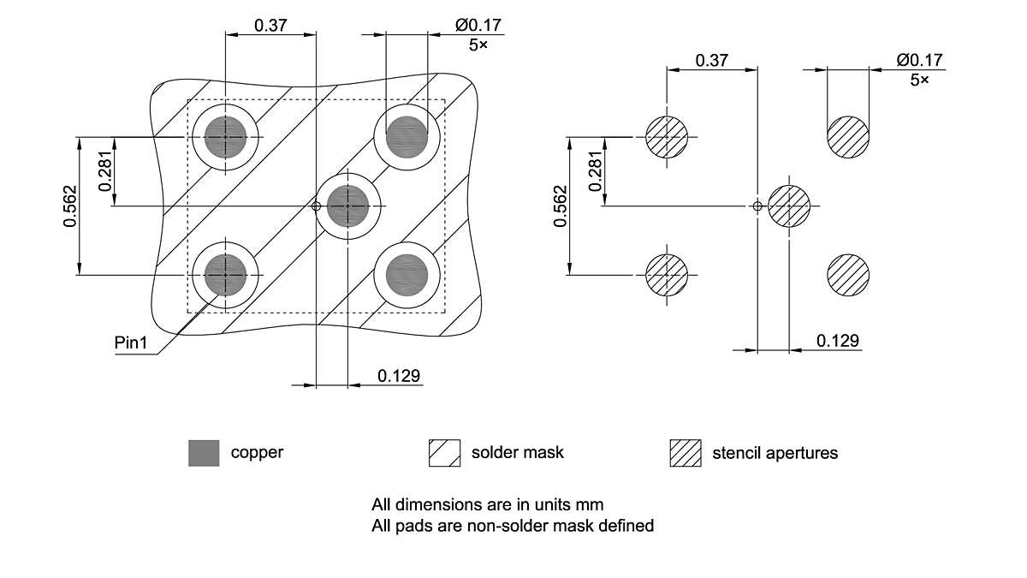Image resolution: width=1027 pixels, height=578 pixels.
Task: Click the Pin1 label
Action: coord(132,343)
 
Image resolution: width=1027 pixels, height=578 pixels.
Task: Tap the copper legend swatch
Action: coord(204,452)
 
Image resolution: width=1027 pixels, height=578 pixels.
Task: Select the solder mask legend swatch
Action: coord(444,452)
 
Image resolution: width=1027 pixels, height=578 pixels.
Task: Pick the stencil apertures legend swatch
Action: coord(685,452)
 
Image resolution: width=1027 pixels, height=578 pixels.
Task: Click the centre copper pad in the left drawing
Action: coord(348,206)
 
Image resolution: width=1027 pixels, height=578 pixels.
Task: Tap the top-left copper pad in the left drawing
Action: coord(226,136)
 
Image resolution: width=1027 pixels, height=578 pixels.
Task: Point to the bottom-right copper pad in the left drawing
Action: coord(407,274)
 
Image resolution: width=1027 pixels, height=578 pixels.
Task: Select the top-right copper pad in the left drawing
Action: coord(407,136)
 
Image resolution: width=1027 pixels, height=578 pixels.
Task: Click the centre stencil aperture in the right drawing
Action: coord(788,206)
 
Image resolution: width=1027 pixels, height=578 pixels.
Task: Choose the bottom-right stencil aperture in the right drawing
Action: coord(848,276)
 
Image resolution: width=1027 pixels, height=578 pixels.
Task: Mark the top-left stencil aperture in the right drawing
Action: coord(667,136)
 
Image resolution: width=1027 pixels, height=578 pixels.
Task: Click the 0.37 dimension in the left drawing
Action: coord(270,25)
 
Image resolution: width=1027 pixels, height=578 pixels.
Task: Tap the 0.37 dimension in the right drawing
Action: coord(712,60)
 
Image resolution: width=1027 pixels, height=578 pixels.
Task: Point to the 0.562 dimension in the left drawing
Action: coord(70,206)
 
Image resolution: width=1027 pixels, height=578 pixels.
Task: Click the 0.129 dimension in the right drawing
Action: coord(837,341)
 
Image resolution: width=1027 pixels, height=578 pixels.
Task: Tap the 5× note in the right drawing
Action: coord(920,80)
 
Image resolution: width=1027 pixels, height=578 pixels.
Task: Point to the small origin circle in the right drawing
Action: coord(757,206)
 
